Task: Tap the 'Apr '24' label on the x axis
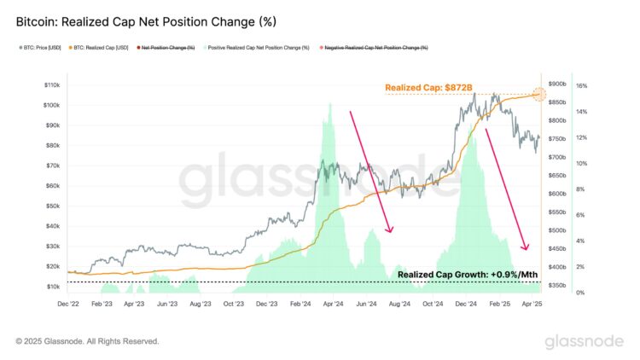click(334, 303)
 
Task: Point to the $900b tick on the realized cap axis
click(558, 84)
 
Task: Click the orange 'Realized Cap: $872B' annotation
click(428, 87)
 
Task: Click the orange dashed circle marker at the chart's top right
click(539, 94)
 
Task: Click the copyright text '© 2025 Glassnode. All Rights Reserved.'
click(87, 341)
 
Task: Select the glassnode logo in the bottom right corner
click(585, 341)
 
